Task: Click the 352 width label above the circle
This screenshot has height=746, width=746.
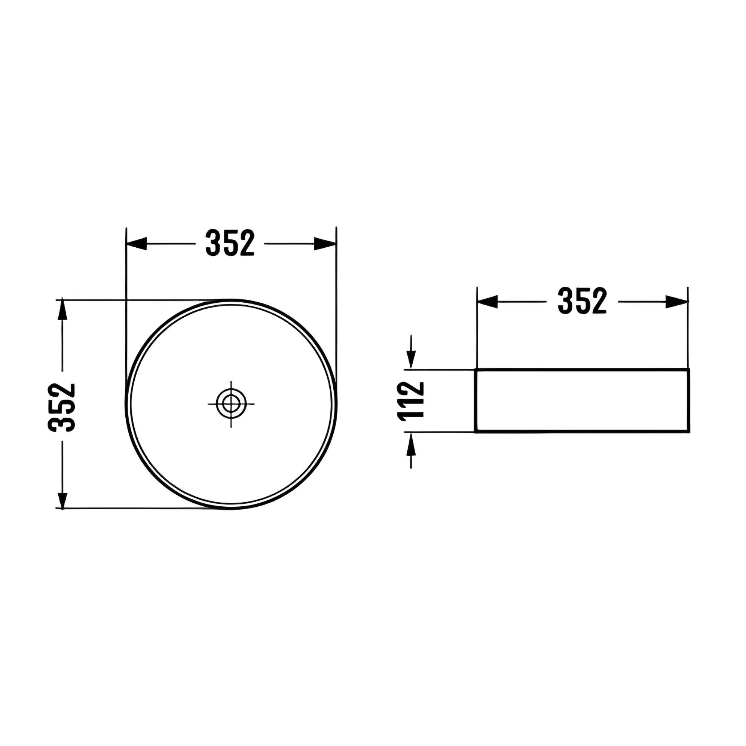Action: (x=230, y=243)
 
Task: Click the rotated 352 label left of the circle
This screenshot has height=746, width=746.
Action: (x=62, y=407)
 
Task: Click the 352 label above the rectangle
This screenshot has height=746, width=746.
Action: (x=582, y=301)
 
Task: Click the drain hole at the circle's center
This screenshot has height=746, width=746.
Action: (x=231, y=404)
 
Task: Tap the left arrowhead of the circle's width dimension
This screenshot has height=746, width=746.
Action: (x=136, y=244)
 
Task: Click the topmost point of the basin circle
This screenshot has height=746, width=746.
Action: (x=231, y=300)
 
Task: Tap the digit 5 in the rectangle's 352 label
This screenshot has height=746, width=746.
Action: (x=582, y=301)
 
